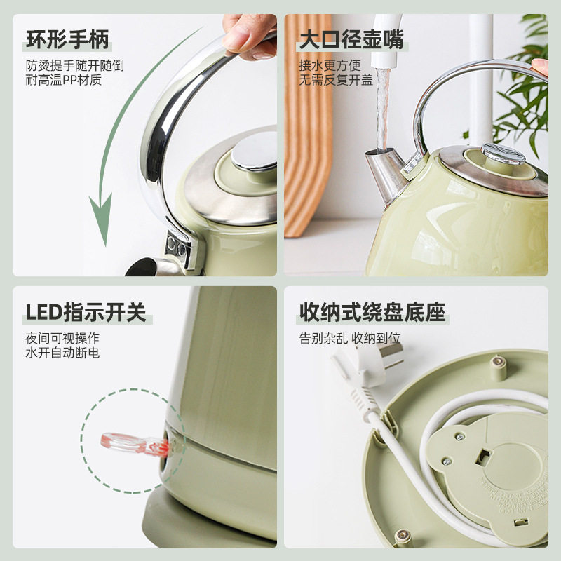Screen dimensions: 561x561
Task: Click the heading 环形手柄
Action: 67,40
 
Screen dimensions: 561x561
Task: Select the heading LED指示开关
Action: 86,312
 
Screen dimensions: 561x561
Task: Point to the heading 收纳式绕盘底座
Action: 372,312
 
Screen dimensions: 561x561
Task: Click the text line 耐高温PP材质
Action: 64,80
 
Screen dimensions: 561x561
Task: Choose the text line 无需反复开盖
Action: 336,80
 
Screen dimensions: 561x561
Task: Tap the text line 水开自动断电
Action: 62,352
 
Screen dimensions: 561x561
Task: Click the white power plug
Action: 365,365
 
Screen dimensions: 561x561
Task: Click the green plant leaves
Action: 526,91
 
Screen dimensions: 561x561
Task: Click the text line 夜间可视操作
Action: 62,337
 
